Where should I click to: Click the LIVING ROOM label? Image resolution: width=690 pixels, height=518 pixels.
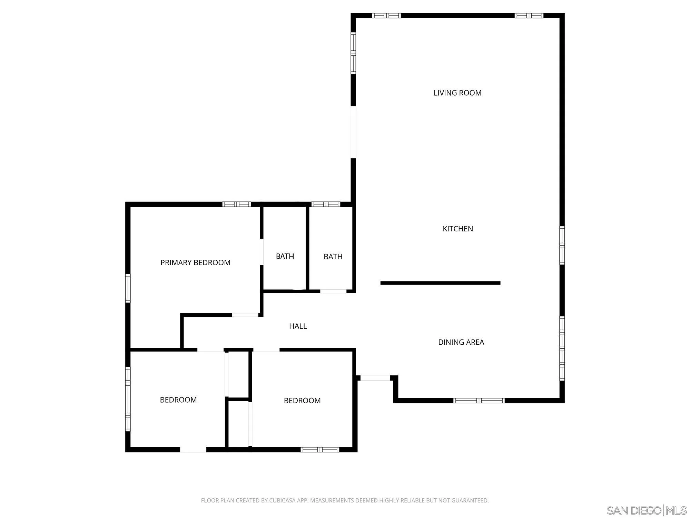tap(457, 93)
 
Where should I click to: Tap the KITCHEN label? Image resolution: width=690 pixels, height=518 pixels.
tap(458, 229)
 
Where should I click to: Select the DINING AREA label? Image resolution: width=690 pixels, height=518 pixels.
tap(461, 342)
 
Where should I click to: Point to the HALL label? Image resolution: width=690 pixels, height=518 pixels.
tap(298, 326)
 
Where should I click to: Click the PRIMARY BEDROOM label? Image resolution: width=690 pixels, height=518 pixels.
tap(195, 262)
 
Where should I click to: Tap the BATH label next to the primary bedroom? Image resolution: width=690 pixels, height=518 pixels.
tap(285, 256)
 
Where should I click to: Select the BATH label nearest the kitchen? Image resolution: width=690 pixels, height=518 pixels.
tap(333, 257)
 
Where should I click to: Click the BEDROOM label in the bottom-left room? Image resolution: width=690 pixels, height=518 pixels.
tap(178, 400)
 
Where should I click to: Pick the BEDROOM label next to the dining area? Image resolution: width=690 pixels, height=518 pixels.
tap(302, 401)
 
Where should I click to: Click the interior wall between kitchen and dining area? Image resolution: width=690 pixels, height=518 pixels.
tap(440, 283)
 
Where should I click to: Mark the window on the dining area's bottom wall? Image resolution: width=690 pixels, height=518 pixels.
tap(479, 401)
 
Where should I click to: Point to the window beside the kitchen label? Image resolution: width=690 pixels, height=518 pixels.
tap(562, 245)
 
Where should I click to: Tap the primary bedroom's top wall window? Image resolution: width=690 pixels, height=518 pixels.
tap(237, 204)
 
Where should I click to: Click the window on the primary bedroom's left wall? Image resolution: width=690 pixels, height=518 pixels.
tap(128, 288)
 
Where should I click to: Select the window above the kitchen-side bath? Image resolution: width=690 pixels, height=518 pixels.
tap(326, 204)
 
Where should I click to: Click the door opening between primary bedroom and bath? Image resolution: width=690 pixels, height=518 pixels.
tap(262, 252)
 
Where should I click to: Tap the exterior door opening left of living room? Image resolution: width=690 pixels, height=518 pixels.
tap(353, 132)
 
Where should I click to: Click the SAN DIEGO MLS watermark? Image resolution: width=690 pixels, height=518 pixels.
tap(647, 510)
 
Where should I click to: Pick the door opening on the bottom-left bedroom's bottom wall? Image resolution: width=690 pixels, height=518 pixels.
tap(193, 450)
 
